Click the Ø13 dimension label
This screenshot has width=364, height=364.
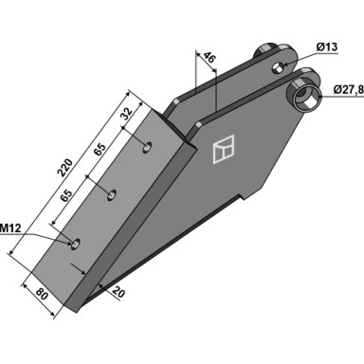click(x=327, y=47)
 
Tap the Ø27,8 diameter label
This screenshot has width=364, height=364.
click(x=349, y=90)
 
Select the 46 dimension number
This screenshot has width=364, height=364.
click(x=209, y=58)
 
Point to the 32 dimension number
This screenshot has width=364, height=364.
click(x=126, y=114)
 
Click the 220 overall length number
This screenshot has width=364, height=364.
click(x=64, y=168)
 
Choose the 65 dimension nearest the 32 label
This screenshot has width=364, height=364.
click(x=100, y=149)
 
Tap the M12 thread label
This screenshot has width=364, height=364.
click(x=10, y=227)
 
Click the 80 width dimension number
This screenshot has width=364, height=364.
click(x=42, y=295)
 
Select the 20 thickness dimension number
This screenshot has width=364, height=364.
click(x=118, y=292)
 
